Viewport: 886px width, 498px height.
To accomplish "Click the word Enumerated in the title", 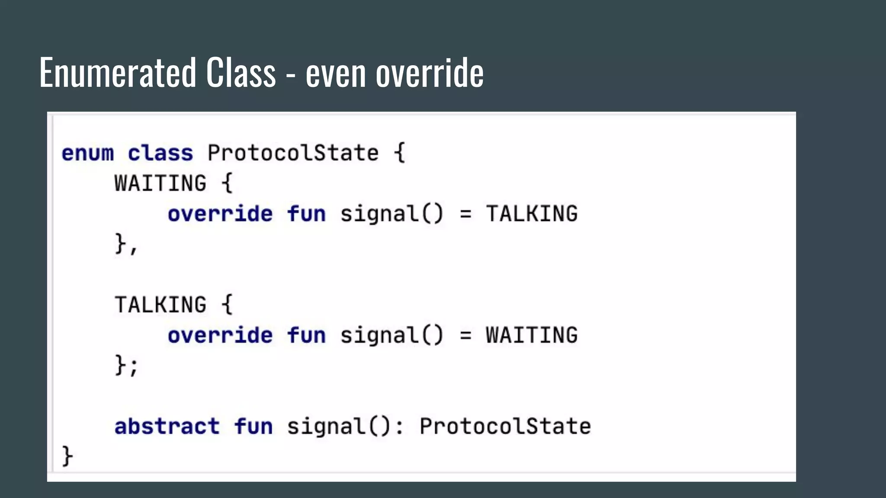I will (x=117, y=73).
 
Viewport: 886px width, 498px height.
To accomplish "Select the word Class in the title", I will (x=241, y=73).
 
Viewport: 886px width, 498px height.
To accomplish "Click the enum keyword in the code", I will (x=88, y=153).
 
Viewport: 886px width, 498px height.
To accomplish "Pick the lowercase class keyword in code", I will (x=160, y=153).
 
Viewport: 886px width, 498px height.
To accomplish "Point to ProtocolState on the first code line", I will (x=293, y=153).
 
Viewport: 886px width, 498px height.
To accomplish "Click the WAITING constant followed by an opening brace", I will (x=160, y=183).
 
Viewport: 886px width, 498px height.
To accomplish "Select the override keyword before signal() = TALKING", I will (x=220, y=214).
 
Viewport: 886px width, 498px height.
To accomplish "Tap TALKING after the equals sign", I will (x=532, y=214).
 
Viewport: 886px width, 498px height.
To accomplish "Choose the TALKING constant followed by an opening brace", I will (x=160, y=305).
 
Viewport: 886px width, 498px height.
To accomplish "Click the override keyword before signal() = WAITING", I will (x=220, y=335).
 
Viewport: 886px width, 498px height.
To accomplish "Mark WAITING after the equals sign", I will (x=532, y=335).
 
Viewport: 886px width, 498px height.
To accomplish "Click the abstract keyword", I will (x=167, y=427).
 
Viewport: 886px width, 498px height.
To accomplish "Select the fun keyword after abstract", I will (x=254, y=427).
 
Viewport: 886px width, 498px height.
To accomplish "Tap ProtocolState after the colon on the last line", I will (x=505, y=427).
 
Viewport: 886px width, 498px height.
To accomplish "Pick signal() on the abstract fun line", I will (x=340, y=427).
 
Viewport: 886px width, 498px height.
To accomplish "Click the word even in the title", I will (x=336, y=73).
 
